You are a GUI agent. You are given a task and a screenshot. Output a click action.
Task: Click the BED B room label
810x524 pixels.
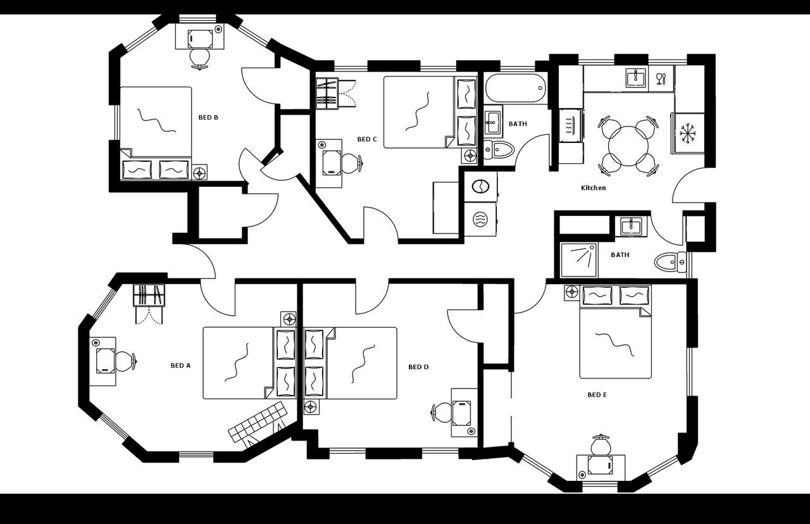208,117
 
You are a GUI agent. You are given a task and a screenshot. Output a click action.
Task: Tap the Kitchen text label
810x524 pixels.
593,188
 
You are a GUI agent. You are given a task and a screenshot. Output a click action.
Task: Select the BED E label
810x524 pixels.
597,395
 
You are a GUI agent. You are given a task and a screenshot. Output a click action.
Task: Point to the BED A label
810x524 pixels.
180,365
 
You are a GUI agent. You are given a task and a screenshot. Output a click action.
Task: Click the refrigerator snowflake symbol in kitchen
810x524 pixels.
687,133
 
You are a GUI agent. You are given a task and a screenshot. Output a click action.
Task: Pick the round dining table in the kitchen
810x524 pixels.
626,145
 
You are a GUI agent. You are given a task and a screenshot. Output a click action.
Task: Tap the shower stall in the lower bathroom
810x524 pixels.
578,260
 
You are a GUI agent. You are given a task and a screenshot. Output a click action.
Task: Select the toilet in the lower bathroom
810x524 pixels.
670,261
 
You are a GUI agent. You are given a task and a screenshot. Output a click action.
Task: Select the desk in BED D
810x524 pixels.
463,412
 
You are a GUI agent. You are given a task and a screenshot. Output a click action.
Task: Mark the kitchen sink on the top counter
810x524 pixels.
635,78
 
